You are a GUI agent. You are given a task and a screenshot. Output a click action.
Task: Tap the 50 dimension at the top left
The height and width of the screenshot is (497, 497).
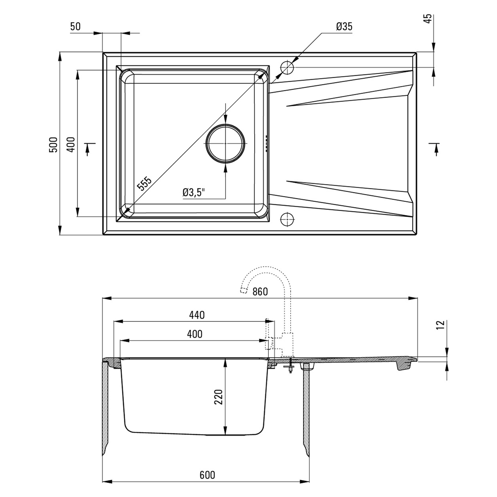tap(75, 27)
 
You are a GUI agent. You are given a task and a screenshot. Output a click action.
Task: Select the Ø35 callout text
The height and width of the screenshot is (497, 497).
tap(344, 27)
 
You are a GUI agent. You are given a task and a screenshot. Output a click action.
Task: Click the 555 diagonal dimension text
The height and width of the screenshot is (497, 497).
tap(144, 183)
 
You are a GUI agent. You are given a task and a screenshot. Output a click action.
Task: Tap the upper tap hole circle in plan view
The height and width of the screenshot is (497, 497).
tap(287, 68)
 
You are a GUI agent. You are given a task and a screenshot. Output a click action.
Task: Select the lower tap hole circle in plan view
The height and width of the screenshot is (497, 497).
tap(287, 219)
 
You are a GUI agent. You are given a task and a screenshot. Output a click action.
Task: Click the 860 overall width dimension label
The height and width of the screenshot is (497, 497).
tap(260, 292)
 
